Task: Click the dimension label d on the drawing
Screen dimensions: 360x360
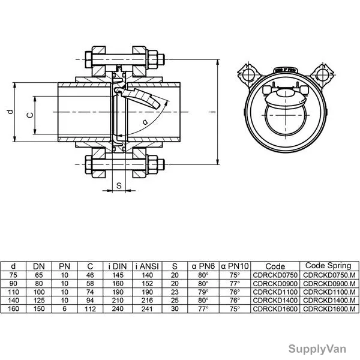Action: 10,112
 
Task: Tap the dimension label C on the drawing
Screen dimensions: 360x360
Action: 30,115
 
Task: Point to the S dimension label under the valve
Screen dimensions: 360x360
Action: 119,185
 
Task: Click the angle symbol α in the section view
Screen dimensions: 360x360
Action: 145,122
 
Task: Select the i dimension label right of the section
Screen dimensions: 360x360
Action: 213,112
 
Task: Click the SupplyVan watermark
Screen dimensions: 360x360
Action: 317,349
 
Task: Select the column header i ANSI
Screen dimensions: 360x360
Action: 147,266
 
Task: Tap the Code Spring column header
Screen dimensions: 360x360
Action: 328,266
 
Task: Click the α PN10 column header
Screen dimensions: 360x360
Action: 235,266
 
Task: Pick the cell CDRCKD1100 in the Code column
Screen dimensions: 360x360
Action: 275,292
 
